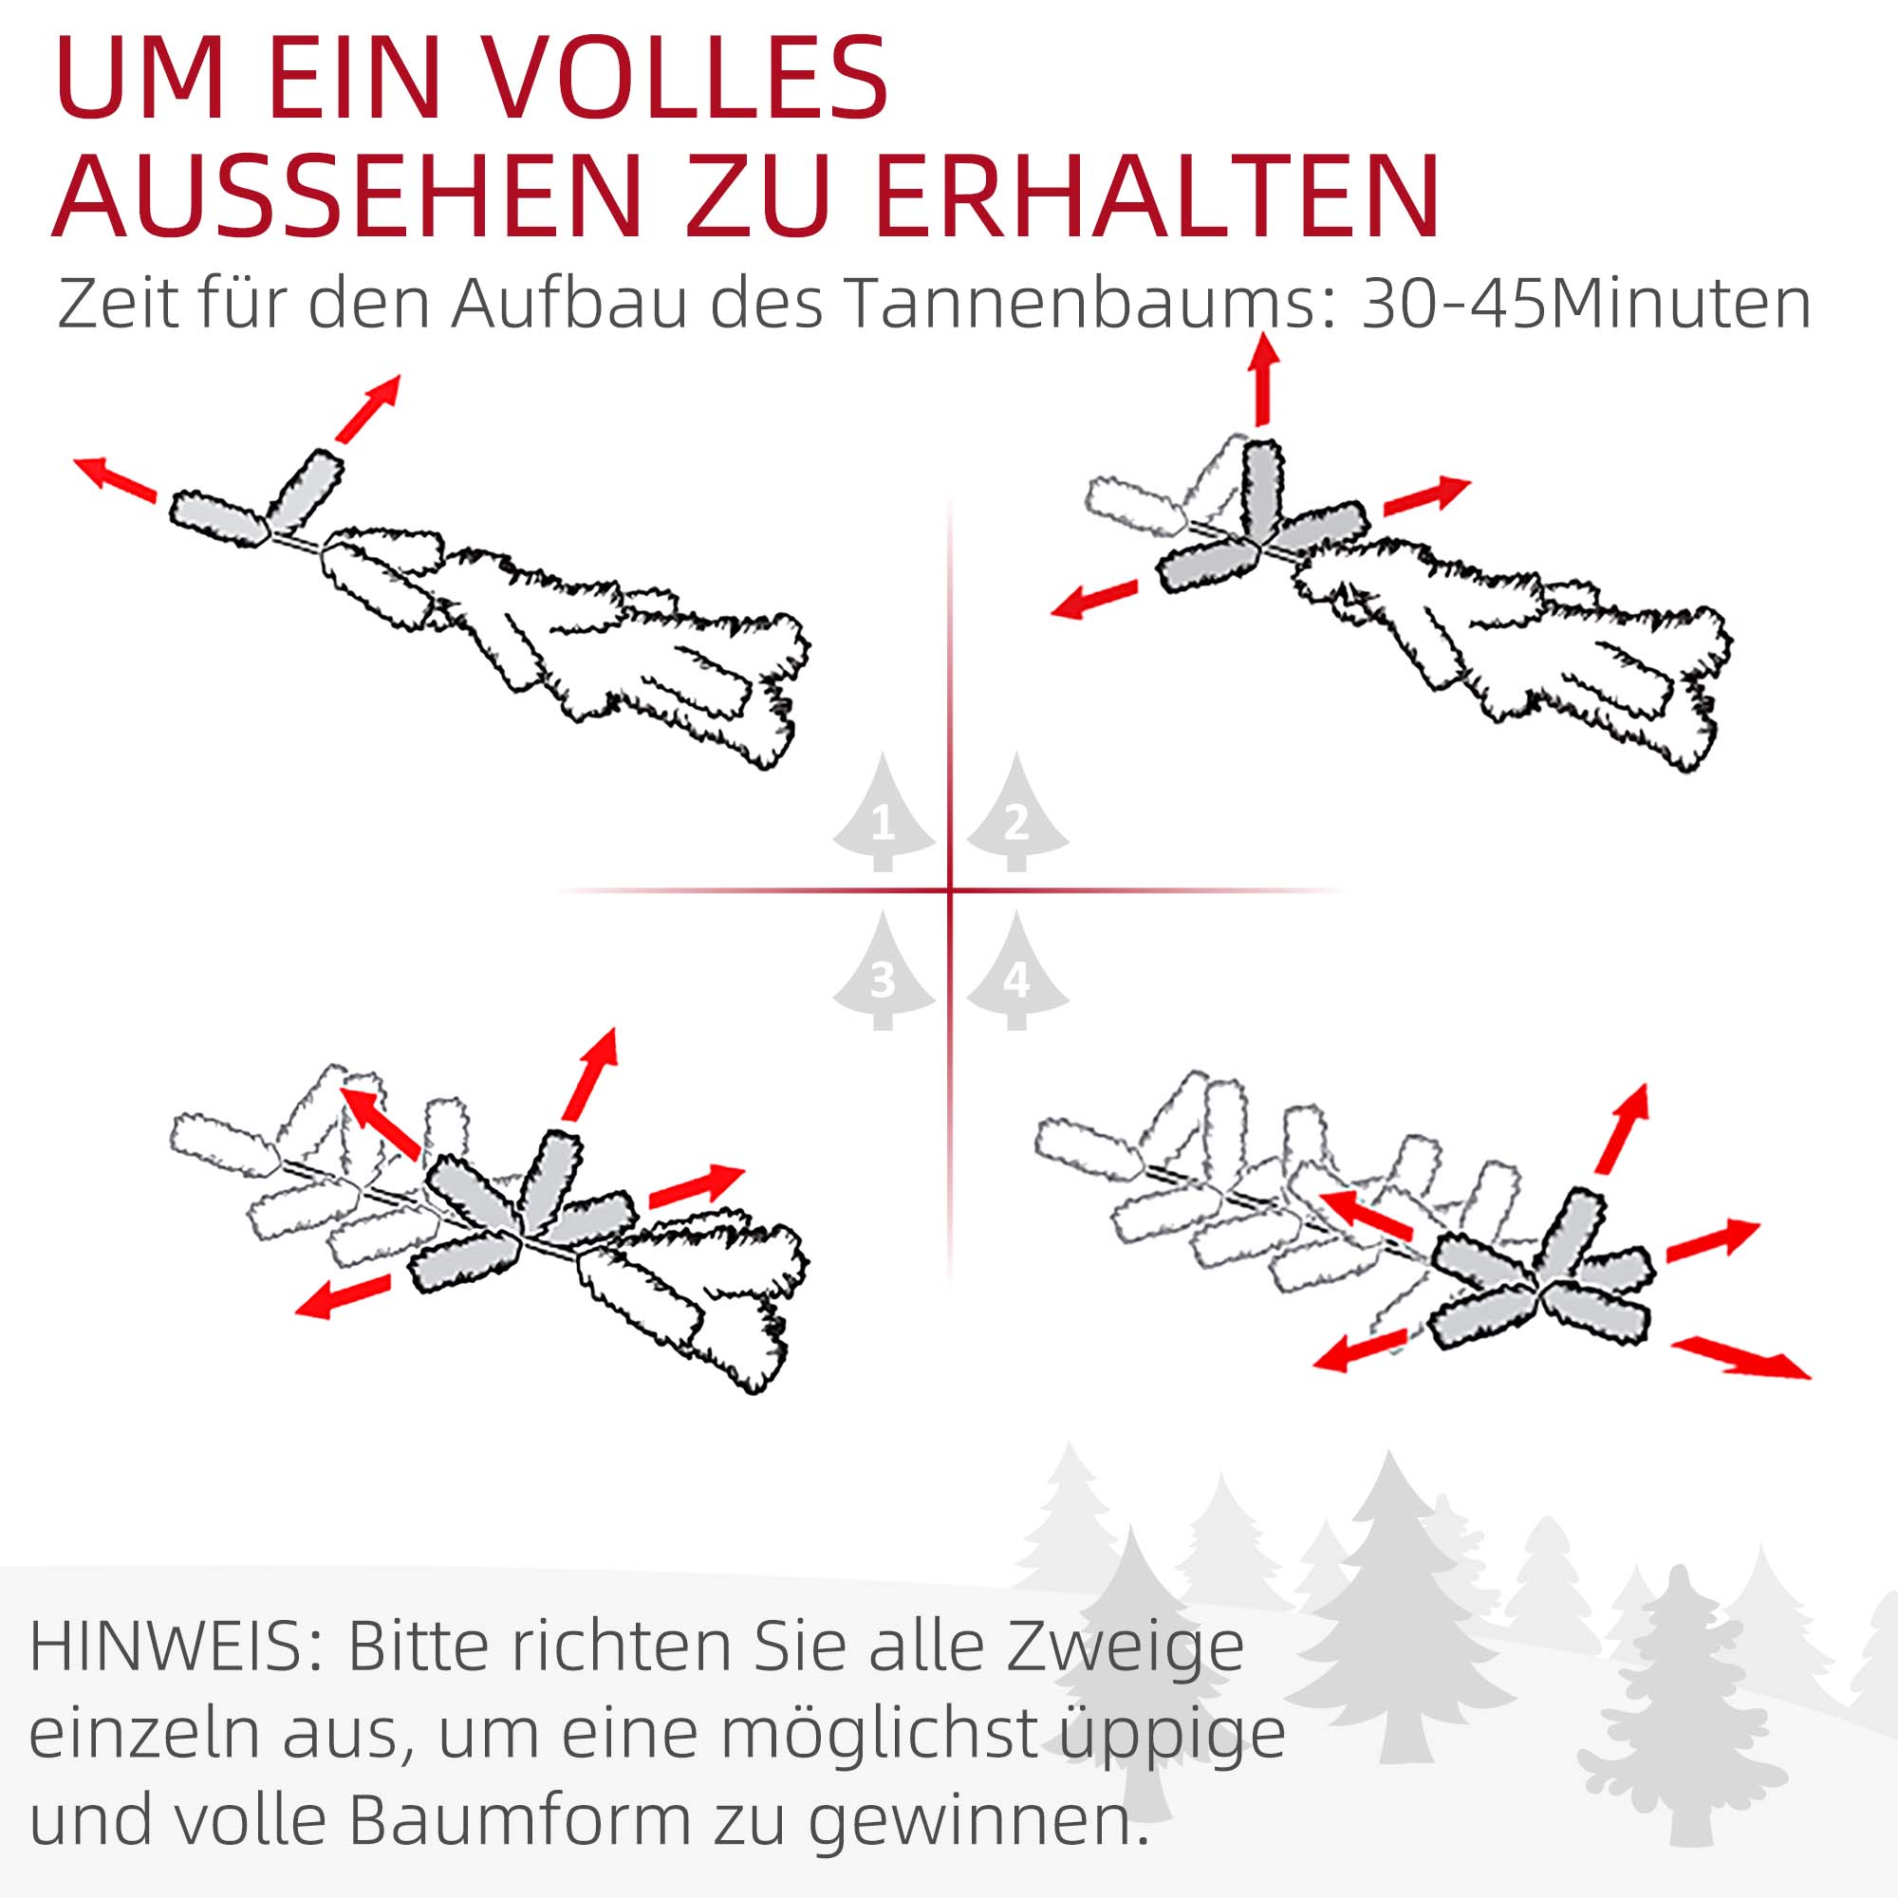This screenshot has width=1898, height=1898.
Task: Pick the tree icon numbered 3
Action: [884, 973]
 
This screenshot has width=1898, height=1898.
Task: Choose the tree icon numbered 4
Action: [1016, 973]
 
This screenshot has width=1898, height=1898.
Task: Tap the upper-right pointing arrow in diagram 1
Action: [368, 408]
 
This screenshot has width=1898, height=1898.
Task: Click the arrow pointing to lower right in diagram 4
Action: [1740, 1357]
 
